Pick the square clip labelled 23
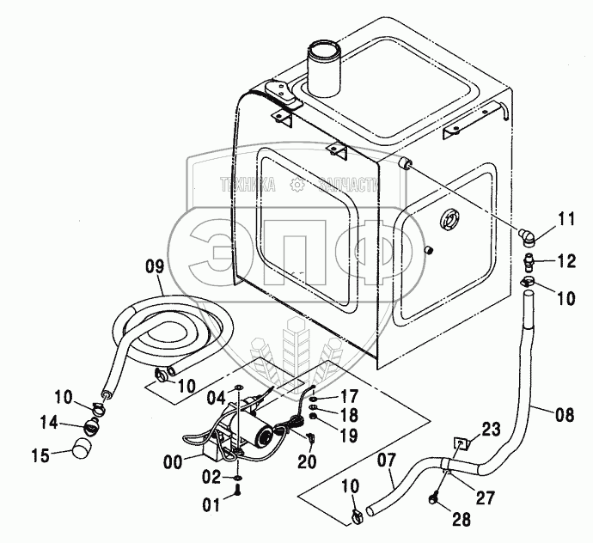[461, 444]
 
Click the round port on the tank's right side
[451, 219]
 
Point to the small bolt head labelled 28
[435, 498]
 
